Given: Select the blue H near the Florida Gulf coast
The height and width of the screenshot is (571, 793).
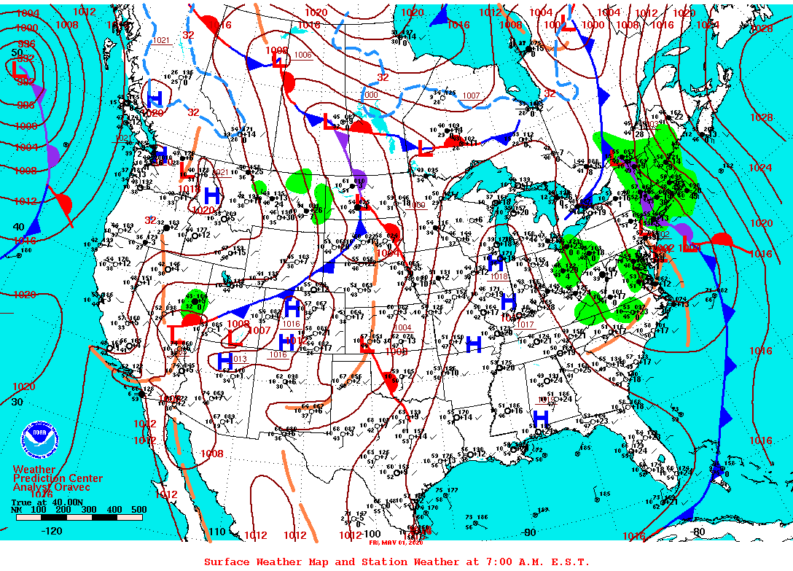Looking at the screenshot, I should pyautogui.click(x=540, y=417).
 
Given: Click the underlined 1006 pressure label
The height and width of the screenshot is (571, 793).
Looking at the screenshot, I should pyautogui.click(x=302, y=55).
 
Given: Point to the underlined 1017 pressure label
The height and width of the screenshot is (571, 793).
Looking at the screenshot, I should pyautogui.click(x=526, y=325).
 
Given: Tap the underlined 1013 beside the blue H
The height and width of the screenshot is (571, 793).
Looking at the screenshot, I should pyautogui.click(x=240, y=359).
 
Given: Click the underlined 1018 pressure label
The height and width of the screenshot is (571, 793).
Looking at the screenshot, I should pyautogui.click(x=498, y=276).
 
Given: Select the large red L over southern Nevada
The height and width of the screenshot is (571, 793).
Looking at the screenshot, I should pyautogui.click(x=175, y=333).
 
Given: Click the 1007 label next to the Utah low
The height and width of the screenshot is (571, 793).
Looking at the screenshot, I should pyautogui.click(x=260, y=330).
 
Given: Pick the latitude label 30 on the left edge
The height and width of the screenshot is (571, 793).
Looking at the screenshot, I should pyautogui.click(x=17, y=401).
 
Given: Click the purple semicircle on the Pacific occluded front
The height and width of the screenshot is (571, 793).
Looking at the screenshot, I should pyautogui.click(x=53, y=154).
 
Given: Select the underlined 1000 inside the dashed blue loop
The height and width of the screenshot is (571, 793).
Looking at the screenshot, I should pyautogui.click(x=370, y=96).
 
